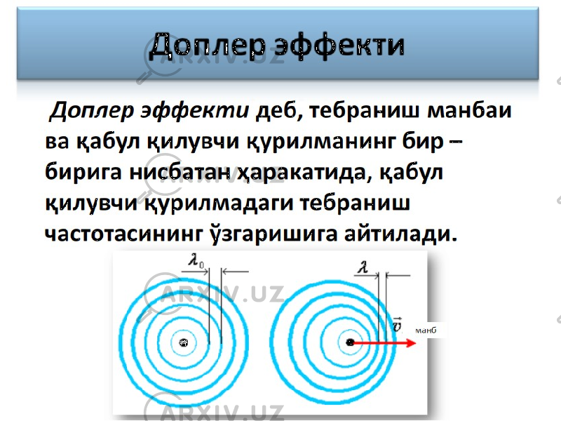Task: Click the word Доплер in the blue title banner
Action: click(x=208, y=46)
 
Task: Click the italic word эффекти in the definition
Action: click(x=195, y=111)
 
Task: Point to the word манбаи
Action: click(x=470, y=110)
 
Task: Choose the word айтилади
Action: click(x=401, y=234)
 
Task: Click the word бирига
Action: click(x=83, y=173)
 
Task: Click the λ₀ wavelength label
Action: click(x=196, y=260)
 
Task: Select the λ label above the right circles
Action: click(x=363, y=267)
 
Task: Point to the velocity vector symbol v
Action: click(x=397, y=324)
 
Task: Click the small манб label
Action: click(x=426, y=330)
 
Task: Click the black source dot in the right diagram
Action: click(x=350, y=342)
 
